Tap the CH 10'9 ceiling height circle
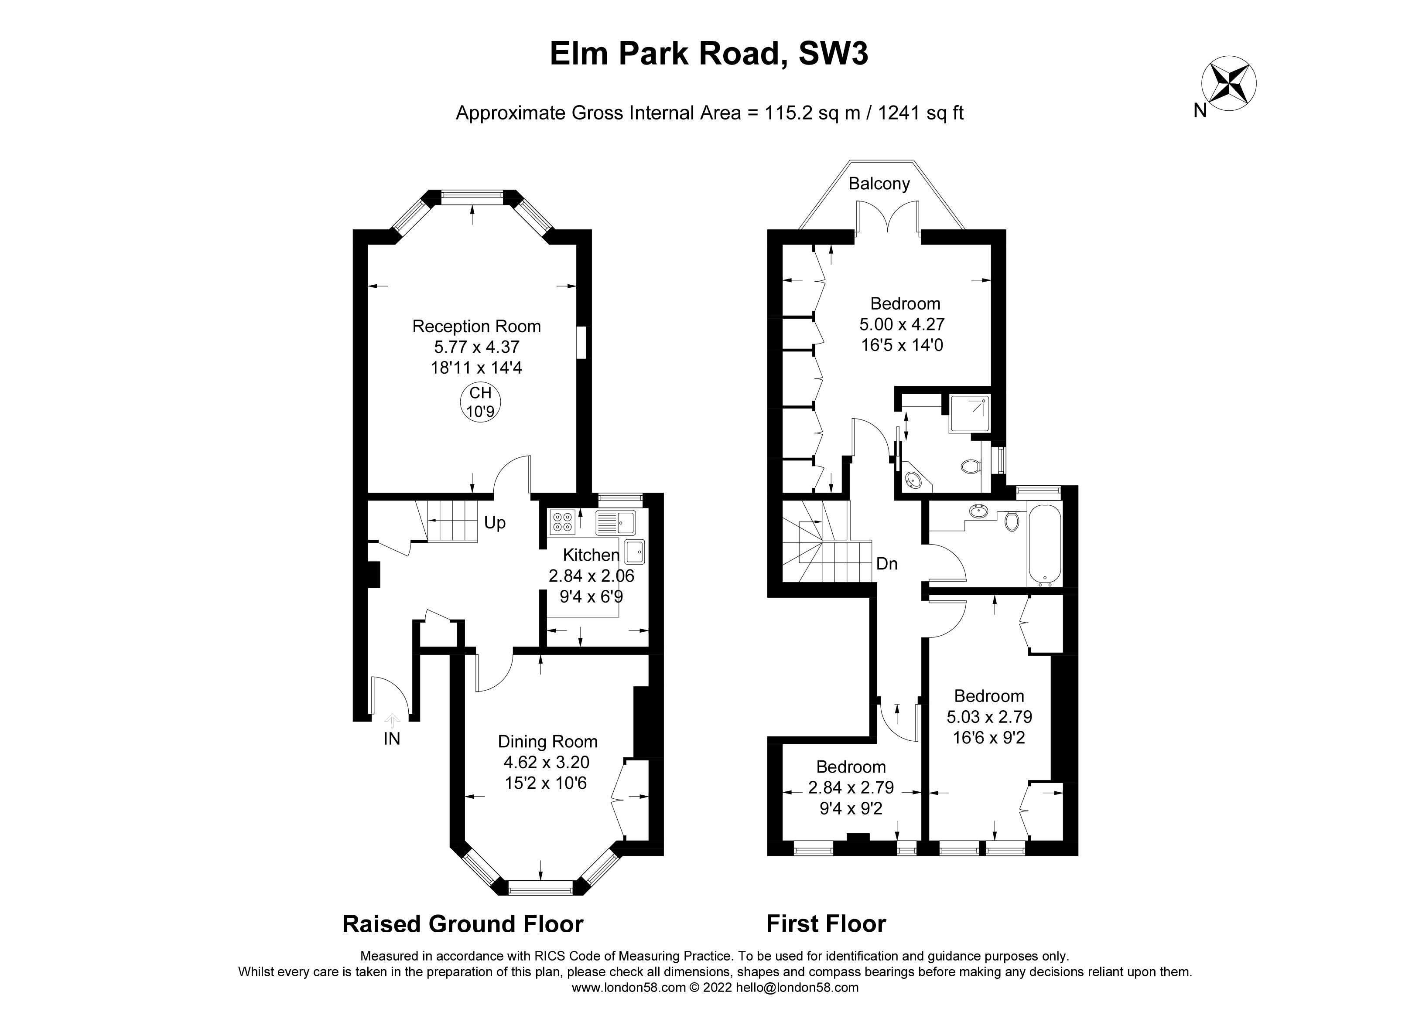[x=481, y=402]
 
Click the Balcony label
[x=879, y=183]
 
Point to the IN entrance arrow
[x=392, y=721]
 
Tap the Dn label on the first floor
[x=886, y=564]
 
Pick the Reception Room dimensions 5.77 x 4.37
[x=477, y=347]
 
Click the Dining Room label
[x=547, y=742]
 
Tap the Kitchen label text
[x=591, y=555]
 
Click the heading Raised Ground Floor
[x=462, y=924]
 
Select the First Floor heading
[x=826, y=924]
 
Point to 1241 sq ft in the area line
[x=921, y=113]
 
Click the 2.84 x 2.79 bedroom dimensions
[x=851, y=787]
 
